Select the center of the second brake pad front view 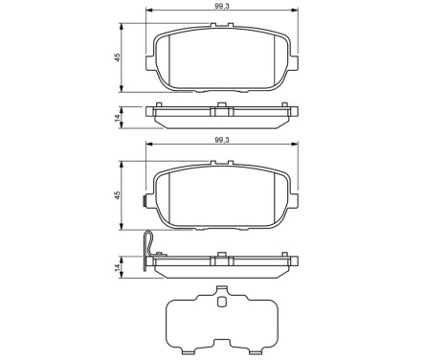pos(220,198)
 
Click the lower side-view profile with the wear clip pos(220,266)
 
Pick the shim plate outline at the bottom pos(221,321)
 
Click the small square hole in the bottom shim pos(221,304)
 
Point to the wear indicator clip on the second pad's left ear pos(143,202)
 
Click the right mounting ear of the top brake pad pos(292,66)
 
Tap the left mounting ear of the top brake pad pos(149,66)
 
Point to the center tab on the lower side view pos(221,256)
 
